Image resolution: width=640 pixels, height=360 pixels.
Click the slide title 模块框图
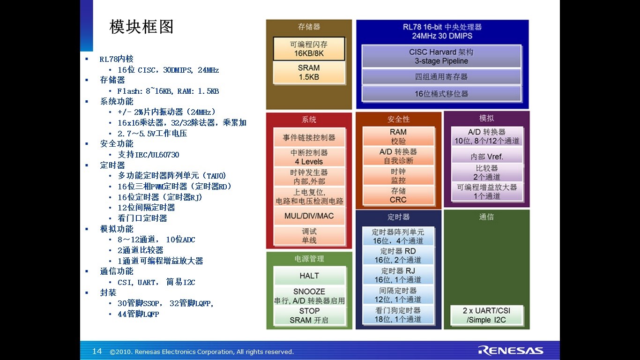coord(141,27)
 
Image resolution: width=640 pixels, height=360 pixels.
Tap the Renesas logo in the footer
coord(511,351)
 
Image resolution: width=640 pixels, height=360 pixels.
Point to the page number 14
coord(97,351)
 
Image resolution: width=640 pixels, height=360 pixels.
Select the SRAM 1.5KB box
coord(309,72)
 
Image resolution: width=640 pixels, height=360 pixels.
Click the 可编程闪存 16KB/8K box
coord(309,49)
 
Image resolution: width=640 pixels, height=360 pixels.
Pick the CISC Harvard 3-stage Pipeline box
coord(441,56)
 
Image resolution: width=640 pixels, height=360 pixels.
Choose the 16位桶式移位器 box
coord(441,94)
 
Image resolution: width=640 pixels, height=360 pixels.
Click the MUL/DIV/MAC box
coord(309,216)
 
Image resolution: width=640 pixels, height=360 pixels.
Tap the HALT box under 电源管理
coord(309,276)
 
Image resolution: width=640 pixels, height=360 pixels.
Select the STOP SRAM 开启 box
coord(309,315)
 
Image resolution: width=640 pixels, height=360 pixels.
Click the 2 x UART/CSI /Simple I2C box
coord(486,315)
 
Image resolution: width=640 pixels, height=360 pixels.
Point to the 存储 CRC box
coord(398,195)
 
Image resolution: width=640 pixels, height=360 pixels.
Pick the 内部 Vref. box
coord(487,157)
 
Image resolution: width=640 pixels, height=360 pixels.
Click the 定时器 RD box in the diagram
coord(398,255)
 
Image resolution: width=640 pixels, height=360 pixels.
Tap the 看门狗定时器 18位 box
coord(398,315)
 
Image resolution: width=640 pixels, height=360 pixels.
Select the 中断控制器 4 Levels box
coord(309,157)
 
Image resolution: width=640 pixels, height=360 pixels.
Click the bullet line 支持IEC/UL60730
coord(148,155)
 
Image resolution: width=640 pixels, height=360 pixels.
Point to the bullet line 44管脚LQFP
coord(138,314)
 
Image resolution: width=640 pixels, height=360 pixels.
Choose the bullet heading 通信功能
coord(117,271)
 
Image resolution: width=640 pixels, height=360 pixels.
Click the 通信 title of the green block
coord(486,217)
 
